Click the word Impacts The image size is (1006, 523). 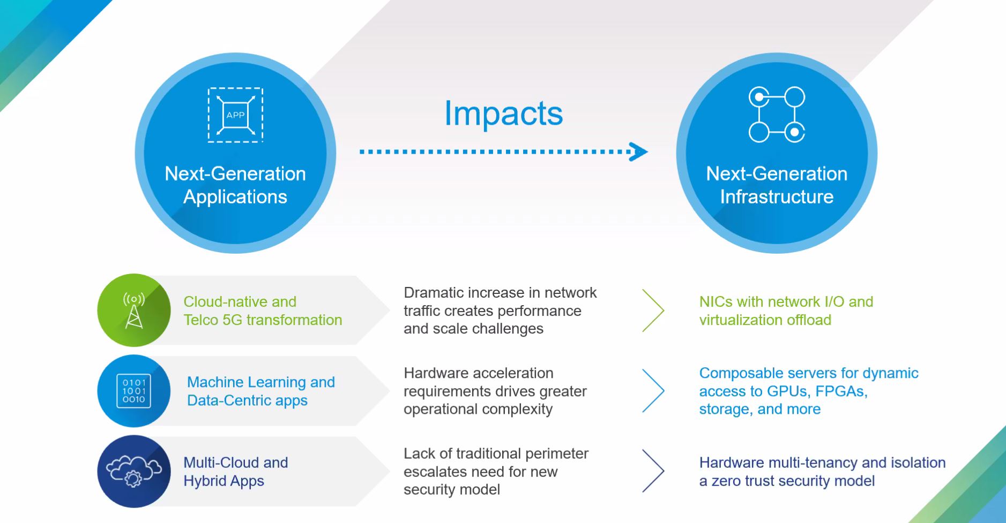pyautogui.click(x=503, y=113)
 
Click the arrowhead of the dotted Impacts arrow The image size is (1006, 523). pyautogui.click(x=638, y=151)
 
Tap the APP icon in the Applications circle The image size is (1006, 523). pyautogui.click(x=235, y=115)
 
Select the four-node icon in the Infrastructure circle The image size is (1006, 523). pyautogui.click(x=777, y=115)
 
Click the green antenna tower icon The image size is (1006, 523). pyautogui.click(x=133, y=310)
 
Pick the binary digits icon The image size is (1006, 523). pyautogui.click(x=133, y=391)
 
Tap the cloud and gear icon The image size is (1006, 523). pyautogui.click(x=133, y=471)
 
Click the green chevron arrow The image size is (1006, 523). pyautogui.click(x=653, y=310)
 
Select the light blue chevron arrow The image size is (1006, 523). pyautogui.click(x=653, y=391)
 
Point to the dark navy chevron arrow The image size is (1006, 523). pyautogui.click(x=653, y=471)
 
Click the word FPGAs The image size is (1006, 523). pyautogui.click(x=840, y=391)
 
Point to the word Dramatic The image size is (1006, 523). pyautogui.click(x=433, y=293)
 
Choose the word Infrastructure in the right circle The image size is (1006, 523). pyautogui.click(x=777, y=197)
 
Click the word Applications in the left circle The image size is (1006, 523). pyautogui.click(x=235, y=197)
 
